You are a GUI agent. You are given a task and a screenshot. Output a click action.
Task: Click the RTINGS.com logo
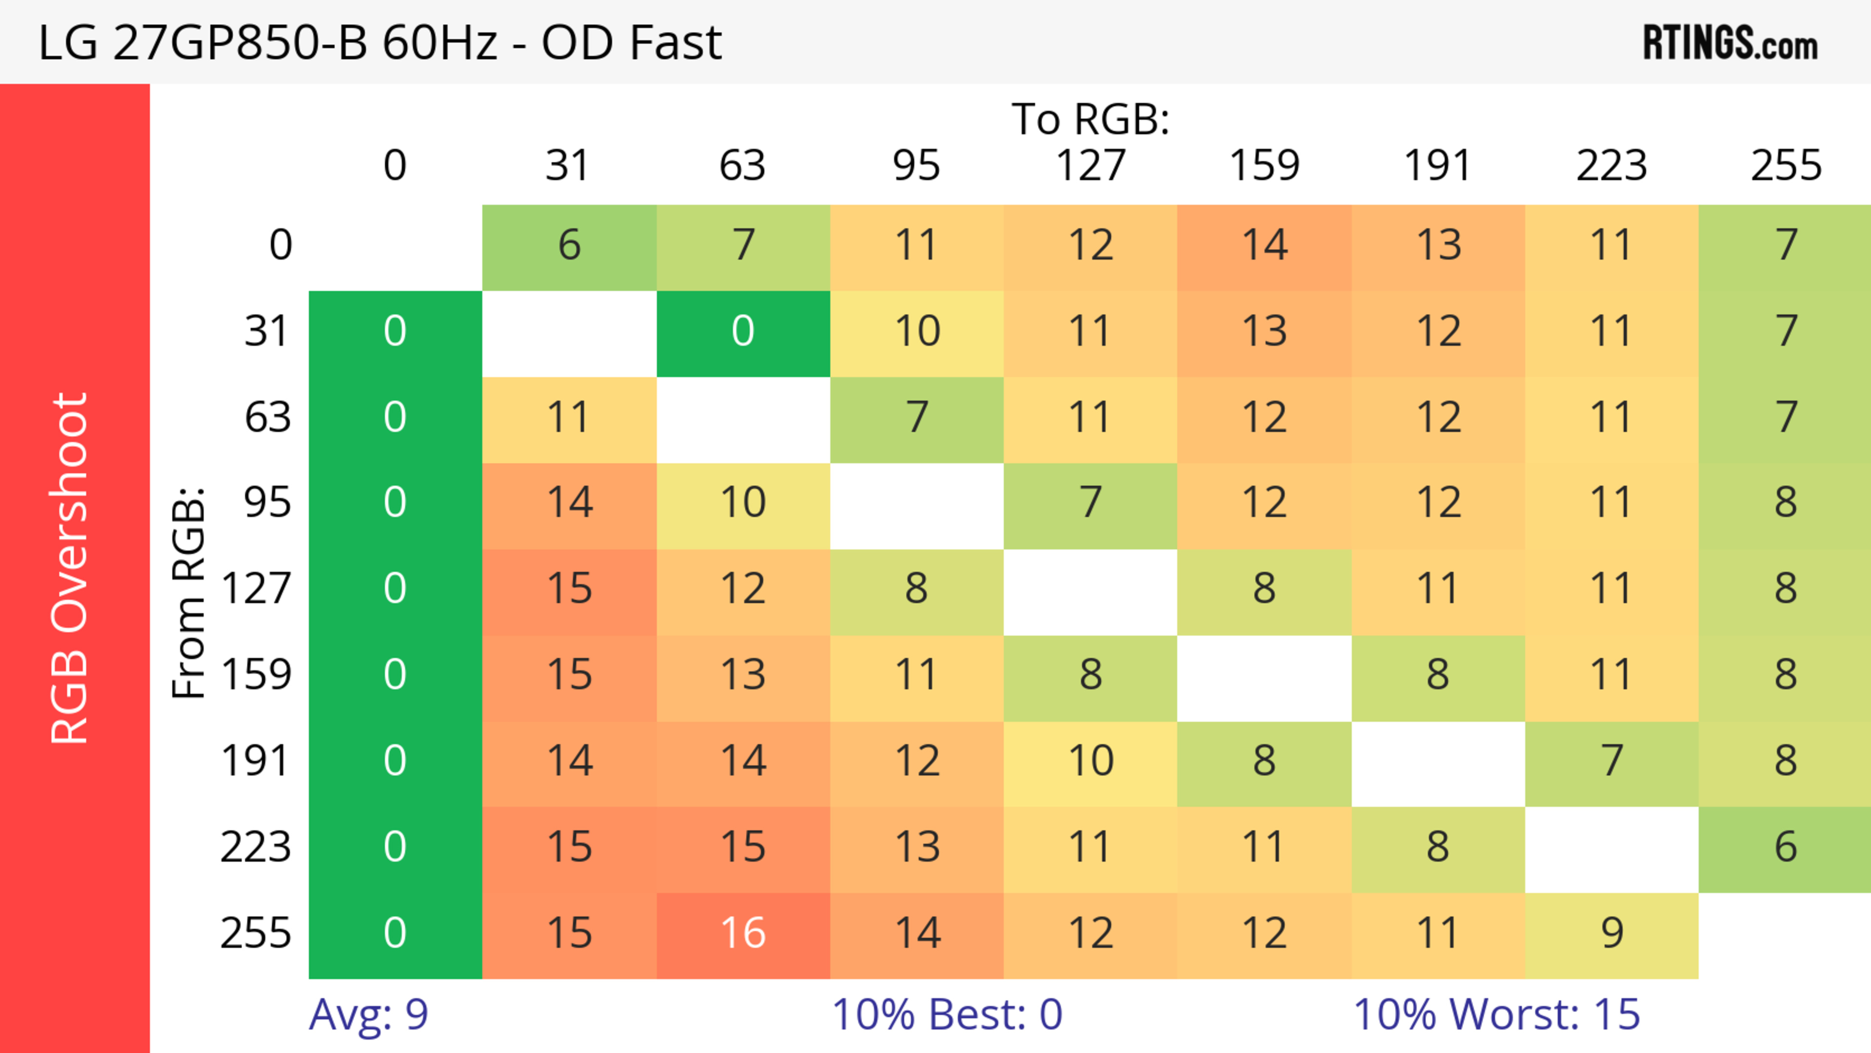point(1730,43)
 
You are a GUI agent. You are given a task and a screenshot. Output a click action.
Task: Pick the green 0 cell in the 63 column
point(743,332)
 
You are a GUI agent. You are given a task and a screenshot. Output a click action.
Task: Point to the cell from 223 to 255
point(1785,847)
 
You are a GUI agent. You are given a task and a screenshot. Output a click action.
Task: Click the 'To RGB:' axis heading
point(1090,119)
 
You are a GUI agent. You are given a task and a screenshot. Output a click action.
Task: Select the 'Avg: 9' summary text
point(368,1015)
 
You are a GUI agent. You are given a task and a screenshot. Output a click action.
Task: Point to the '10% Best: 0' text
point(946,1015)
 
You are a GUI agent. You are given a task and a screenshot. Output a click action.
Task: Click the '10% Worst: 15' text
point(1496,1015)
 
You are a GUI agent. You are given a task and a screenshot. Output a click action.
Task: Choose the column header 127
point(1090,166)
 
